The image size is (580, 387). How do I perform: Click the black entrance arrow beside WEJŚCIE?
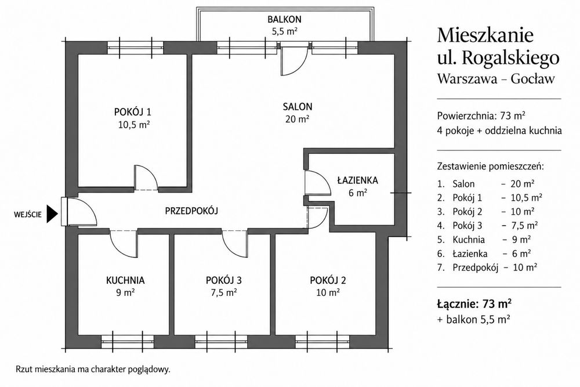point(52,214)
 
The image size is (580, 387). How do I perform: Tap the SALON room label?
point(298,107)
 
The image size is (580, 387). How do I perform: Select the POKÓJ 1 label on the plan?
point(132,112)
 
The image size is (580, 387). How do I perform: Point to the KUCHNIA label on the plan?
point(125,280)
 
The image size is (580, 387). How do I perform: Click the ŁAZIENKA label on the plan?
point(357,180)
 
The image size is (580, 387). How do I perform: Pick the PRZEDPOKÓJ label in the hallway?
point(191,211)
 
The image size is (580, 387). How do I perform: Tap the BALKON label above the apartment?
point(284,19)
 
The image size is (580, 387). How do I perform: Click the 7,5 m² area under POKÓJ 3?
point(224,292)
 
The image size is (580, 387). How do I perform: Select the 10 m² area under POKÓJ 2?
point(328,292)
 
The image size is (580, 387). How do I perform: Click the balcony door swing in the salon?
point(294,61)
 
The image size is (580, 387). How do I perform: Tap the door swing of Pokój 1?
point(146,178)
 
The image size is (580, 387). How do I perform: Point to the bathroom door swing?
point(317,182)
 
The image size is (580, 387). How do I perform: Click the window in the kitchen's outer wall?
point(127,342)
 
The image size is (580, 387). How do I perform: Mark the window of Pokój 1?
point(135,48)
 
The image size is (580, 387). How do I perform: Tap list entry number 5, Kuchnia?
point(484,240)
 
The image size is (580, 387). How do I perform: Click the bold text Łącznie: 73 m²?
point(474,304)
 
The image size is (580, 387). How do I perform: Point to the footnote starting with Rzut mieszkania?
point(93,369)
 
